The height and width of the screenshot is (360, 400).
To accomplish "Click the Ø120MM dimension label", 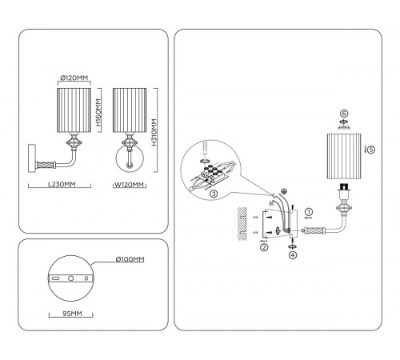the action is point(74,78).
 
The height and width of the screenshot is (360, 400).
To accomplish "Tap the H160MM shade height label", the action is point(98,112).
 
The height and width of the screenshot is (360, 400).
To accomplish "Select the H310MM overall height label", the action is point(154,132).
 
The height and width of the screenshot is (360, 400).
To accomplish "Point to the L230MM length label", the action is point(62,184).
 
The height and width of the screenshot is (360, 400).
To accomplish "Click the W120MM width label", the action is point(129,185).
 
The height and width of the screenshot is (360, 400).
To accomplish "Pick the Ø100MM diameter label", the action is point(130,259).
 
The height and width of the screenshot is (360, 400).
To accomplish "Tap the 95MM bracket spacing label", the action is point(72,314).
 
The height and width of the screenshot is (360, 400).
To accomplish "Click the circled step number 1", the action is point(309,212).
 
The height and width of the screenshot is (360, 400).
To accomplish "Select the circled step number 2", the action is point(264,247).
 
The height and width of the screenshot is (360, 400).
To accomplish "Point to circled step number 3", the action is point(214,194).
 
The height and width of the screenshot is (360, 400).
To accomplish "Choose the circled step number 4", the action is point(293,255).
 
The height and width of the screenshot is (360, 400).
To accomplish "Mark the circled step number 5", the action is point(370,150).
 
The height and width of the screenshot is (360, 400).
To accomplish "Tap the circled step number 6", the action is point(344,114).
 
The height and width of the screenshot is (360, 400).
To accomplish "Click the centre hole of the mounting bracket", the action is point(70,278).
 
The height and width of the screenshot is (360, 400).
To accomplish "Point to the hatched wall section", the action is point(242,224).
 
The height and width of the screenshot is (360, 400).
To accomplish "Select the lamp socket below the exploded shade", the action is point(344,189).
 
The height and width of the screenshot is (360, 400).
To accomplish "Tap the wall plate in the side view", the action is point(32,158).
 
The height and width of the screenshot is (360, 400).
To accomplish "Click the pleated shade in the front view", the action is point(130,110).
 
